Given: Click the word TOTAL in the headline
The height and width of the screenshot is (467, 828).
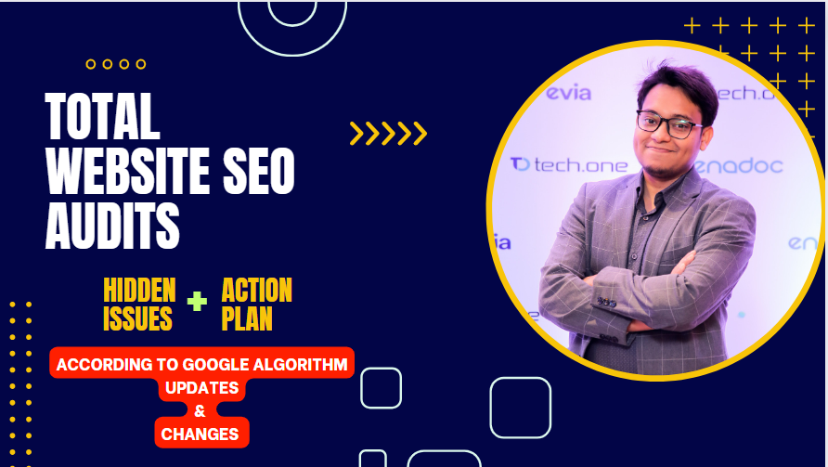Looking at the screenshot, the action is pos(102,116).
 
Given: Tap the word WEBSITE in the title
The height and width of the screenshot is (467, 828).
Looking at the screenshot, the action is pos(127,171).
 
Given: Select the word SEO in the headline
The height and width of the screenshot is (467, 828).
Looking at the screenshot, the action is pos(259,171).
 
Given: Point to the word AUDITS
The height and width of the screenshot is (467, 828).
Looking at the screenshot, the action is pos(112,227).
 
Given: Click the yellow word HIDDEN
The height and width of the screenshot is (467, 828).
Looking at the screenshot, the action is pos(139,290).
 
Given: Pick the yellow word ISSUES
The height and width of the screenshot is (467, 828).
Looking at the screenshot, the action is pos(137,318).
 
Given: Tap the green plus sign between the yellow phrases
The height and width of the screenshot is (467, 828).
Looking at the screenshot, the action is pos(197,301).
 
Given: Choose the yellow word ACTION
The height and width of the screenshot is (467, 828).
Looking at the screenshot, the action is pos(256,290).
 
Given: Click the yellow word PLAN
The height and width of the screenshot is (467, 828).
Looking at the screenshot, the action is pos(247,318).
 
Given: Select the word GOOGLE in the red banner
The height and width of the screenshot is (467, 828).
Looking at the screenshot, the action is pos(216,365).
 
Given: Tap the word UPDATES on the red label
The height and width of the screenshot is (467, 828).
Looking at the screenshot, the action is pos(201,388).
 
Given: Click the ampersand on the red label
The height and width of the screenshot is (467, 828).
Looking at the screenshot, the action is pos(200,410).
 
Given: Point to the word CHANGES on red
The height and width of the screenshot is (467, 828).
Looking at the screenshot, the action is pos(200,435).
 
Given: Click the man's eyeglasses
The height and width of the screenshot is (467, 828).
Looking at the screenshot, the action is pos(668,124).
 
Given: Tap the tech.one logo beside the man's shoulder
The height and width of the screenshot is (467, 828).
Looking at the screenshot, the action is pos(569,165).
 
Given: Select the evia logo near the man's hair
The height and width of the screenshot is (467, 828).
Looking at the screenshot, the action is pos(568,93).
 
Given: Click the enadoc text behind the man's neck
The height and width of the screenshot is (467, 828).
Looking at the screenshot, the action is pos(738,166).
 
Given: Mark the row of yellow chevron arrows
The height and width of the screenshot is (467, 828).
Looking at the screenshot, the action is pos(388,133).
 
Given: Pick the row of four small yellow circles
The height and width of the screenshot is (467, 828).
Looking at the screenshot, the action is pos(116,64).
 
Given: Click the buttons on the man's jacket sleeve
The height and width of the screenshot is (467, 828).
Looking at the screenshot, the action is pos(607,302).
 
